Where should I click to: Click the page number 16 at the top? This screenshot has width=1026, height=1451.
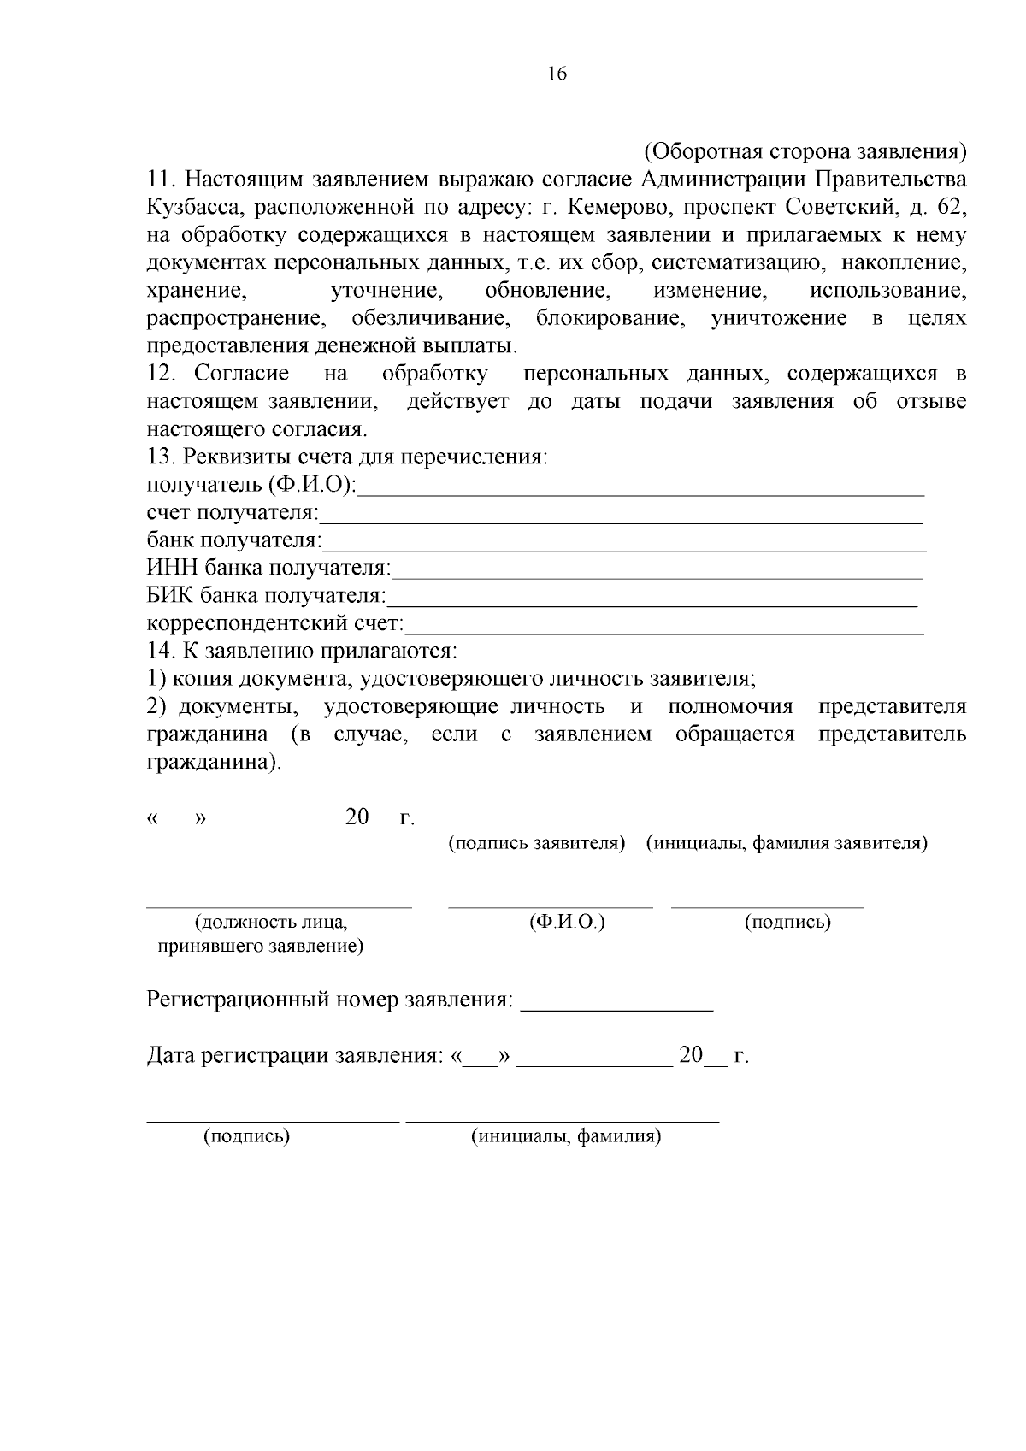(x=557, y=74)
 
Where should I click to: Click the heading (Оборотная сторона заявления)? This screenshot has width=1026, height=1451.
(x=805, y=151)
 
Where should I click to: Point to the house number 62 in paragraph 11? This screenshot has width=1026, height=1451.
(x=952, y=207)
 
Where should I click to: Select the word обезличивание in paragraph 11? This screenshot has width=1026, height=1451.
(x=430, y=319)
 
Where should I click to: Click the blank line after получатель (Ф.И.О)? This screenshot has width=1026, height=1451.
(x=641, y=490)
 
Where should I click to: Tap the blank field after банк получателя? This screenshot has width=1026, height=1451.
(x=624, y=546)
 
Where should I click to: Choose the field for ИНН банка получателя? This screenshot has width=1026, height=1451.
(x=657, y=573)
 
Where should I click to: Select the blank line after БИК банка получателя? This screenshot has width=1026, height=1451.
(x=652, y=600)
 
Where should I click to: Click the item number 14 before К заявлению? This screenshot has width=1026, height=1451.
(x=161, y=651)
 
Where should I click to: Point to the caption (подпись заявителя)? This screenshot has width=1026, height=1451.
(x=537, y=844)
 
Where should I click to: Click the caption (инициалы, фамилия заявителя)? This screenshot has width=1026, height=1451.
(x=787, y=844)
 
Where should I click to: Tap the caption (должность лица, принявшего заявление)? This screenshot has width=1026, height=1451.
(x=261, y=935)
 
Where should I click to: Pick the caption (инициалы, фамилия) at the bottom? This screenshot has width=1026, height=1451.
(x=566, y=1136)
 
